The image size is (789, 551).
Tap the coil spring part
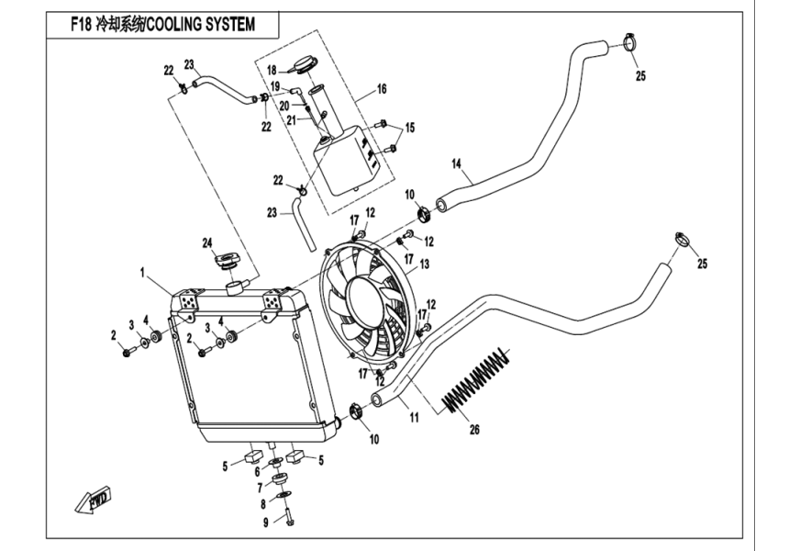[x=475, y=378]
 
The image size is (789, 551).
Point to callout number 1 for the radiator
[x=143, y=273]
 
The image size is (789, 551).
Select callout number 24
[x=207, y=242]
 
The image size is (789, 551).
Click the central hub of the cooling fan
[x=364, y=298]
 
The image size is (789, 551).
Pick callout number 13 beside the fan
[x=424, y=264]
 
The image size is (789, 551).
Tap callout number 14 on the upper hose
[x=455, y=164]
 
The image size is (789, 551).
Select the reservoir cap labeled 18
[x=305, y=65]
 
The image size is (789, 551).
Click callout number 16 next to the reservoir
[x=382, y=90]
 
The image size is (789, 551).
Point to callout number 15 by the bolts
[x=409, y=127]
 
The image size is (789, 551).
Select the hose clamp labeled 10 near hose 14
[x=423, y=216]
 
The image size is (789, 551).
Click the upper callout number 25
[x=640, y=75]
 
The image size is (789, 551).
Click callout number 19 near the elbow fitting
[x=274, y=85]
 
